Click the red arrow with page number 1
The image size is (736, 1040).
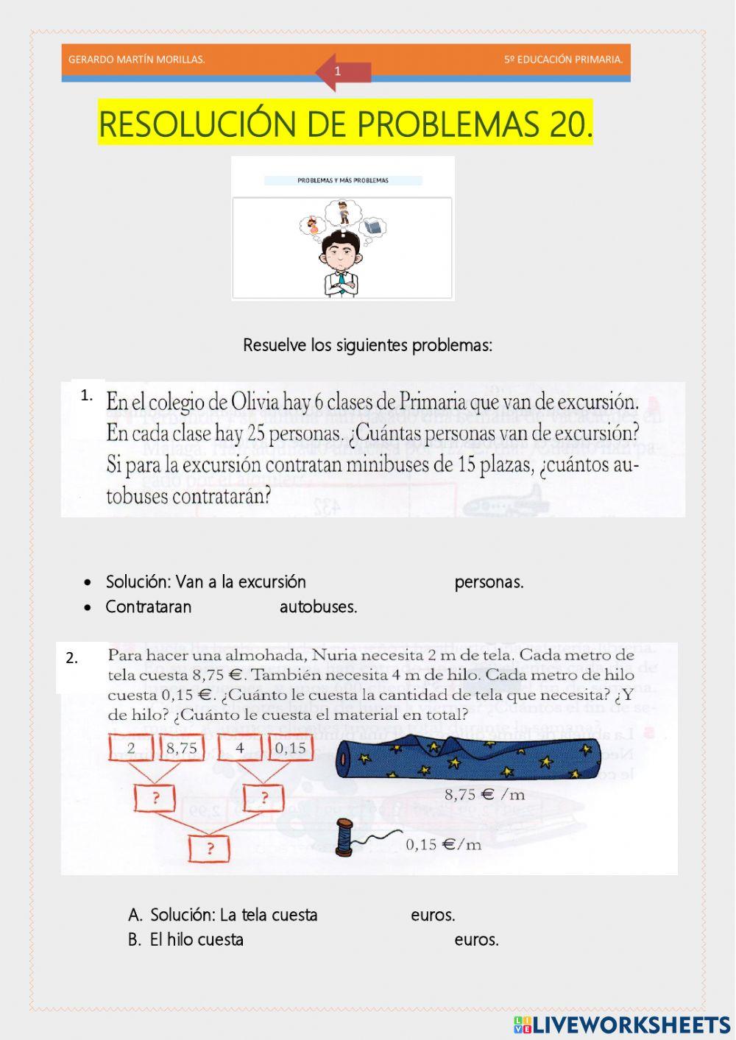click(342, 72)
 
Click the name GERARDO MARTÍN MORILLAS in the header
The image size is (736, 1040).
click(136, 60)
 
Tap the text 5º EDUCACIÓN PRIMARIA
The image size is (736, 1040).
click(563, 60)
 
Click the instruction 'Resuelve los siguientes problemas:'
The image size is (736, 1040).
click(367, 345)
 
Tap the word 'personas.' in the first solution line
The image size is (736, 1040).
click(489, 582)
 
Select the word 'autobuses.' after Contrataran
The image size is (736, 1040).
click(318, 607)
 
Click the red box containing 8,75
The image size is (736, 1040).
click(181, 749)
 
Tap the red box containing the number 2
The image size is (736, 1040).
click(131, 749)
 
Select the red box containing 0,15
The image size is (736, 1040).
click(290, 749)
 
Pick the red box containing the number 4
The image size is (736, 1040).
click(240, 749)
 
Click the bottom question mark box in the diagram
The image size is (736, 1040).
click(209, 849)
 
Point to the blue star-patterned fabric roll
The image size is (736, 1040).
click(468, 758)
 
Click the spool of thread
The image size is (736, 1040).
click(344, 838)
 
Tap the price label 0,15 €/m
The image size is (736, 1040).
click(443, 844)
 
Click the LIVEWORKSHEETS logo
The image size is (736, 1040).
click(622, 1025)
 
